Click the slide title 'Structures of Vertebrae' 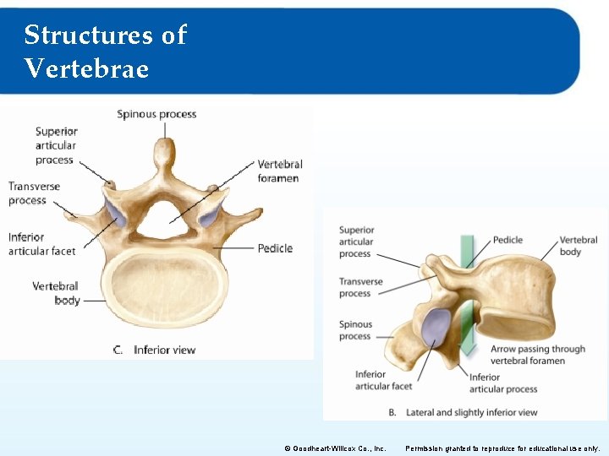tap(105, 51)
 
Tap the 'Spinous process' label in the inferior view tap(156, 114)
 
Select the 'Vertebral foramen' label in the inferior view tap(279, 171)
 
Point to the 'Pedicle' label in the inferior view tap(275, 248)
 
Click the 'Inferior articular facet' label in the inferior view tap(42, 244)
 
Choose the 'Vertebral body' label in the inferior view tap(56, 293)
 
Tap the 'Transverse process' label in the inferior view tap(34, 193)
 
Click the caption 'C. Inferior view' tap(154, 350)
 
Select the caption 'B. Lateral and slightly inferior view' tap(463, 413)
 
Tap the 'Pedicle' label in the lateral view tap(507, 240)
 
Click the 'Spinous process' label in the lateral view tap(355, 330)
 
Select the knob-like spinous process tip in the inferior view tap(162, 153)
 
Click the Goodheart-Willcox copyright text tap(335, 448)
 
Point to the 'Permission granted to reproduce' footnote tap(502, 448)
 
